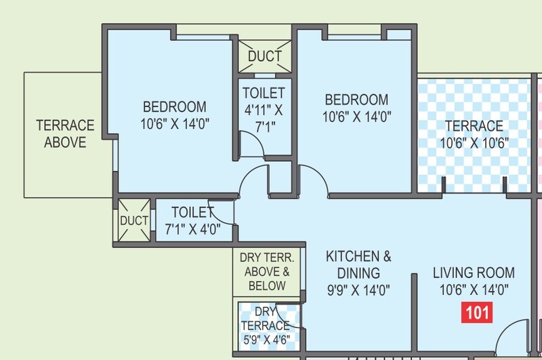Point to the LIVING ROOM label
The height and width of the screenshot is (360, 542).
[x=474, y=273]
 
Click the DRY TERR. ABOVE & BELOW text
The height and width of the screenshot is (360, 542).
[x=267, y=271]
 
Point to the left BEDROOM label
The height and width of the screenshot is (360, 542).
[x=174, y=107]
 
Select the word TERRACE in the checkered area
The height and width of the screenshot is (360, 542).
[x=474, y=126]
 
